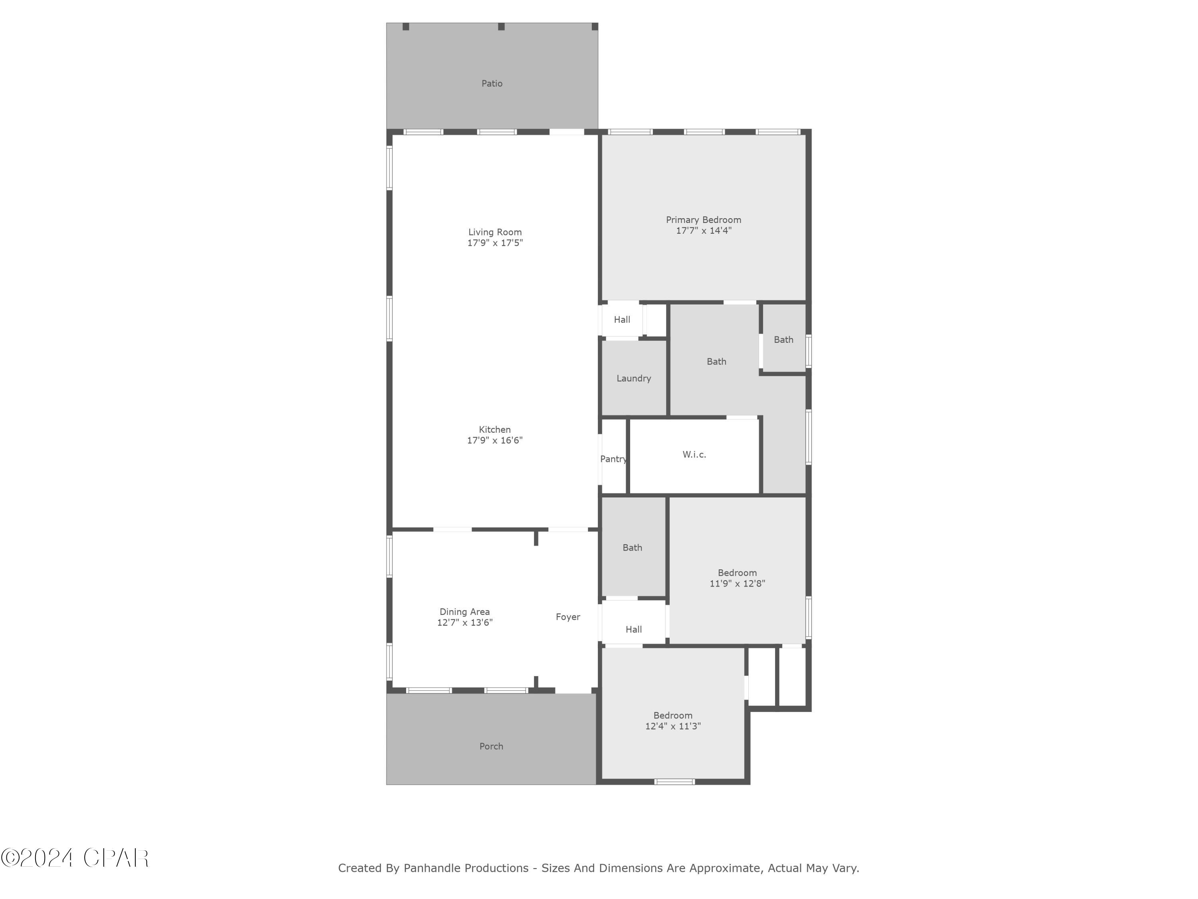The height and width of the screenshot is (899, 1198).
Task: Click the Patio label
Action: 492,84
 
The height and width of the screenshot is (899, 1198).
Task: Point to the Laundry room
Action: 633,378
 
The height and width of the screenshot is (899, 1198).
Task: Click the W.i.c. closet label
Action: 694,455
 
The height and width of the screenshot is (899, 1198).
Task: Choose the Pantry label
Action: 613,459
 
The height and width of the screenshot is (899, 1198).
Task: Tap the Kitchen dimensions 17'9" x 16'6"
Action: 494,440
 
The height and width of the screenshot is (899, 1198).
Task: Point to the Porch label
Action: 491,746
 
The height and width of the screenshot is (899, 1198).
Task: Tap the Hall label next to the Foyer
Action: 633,629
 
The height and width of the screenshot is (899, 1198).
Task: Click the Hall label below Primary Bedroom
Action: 622,320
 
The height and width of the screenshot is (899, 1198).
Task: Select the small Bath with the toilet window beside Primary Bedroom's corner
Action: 783,340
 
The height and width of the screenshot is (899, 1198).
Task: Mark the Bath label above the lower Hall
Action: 632,547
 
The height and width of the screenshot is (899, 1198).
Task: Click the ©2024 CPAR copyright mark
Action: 75,858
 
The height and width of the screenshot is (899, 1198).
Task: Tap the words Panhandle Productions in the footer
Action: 466,868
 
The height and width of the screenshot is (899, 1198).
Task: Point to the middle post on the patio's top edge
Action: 501,26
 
